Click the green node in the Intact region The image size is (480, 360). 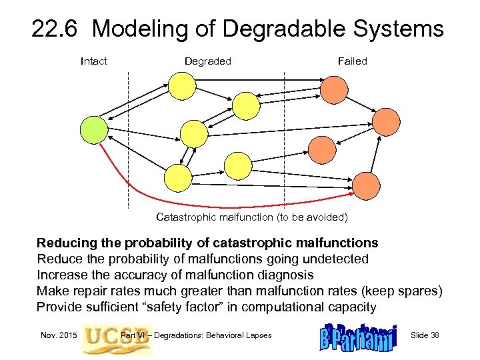click(93, 129)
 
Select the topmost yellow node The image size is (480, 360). click(182, 85)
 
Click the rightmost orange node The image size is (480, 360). click(386, 122)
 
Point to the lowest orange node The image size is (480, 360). click(366, 185)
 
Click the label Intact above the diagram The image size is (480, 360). click(93, 61)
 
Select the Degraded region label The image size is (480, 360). click(207, 61)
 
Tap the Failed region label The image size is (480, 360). click(352, 61)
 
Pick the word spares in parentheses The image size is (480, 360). click(418, 291)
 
